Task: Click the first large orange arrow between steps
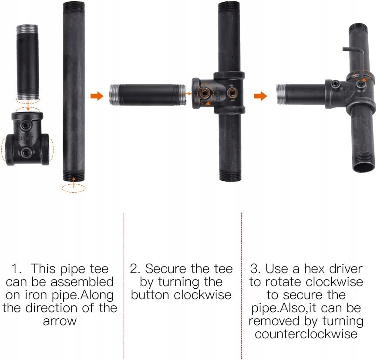tap(97, 96)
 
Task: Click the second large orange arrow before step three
tap(260, 96)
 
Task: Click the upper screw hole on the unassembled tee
tap(26, 125)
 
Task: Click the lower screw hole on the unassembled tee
tap(26, 153)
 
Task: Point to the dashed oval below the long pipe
tap(73, 188)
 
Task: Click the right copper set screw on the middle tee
tap(232, 92)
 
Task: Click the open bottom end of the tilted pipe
tap(364, 167)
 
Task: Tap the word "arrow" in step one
tap(60, 321)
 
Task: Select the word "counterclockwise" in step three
tap(306, 334)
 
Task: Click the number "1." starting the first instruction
tap(17, 269)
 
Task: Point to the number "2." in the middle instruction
tap(135, 269)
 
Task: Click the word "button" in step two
tap(150, 295)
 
